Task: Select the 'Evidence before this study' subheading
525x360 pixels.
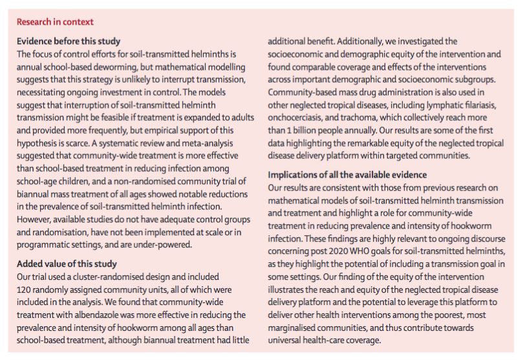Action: (x=69, y=41)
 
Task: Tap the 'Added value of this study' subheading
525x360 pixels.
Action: (x=67, y=264)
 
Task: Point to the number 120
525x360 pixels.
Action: (x=25, y=288)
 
